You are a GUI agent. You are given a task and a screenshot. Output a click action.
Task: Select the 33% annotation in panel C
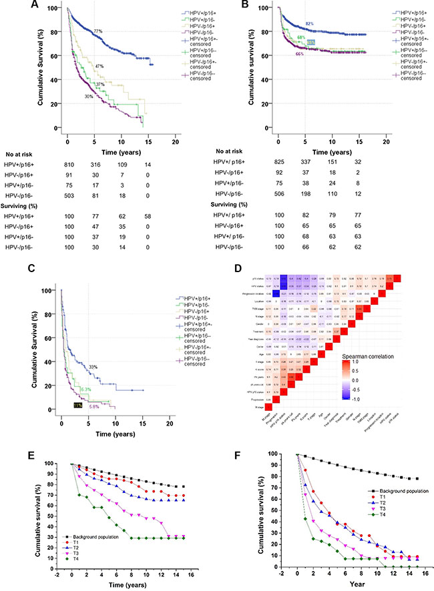click(93, 348)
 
